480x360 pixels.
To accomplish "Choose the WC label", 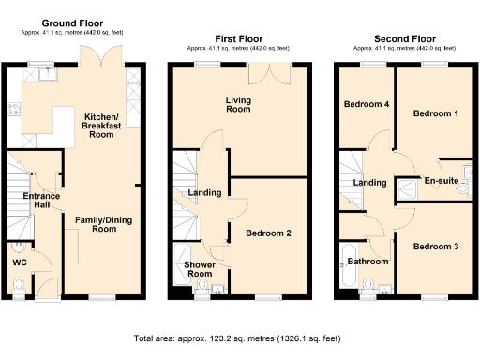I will (19, 262).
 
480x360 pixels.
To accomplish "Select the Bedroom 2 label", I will (268, 232).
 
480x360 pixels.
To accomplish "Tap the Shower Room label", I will (199, 269).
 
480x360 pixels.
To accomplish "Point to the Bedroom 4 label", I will (366, 104).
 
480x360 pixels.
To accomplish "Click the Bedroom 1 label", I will (437, 113).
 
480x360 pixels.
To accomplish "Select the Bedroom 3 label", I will (436, 247).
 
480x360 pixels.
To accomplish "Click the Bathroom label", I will (367, 262).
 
